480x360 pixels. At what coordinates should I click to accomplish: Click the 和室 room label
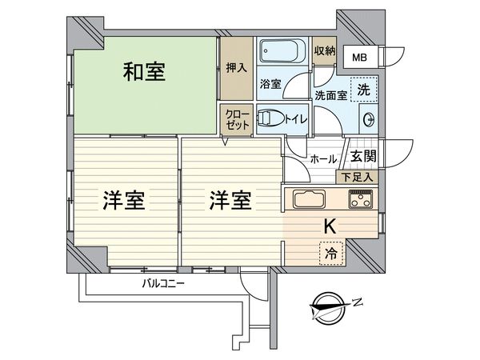click(x=145, y=72)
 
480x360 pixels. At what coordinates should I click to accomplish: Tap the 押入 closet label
click(x=234, y=70)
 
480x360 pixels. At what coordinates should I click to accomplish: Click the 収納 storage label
click(x=324, y=50)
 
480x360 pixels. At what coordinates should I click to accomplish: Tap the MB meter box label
click(x=362, y=58)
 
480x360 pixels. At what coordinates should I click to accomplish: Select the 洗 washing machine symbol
click(x=364, y=90)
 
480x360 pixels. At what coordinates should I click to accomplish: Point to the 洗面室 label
click(x=329, y=96)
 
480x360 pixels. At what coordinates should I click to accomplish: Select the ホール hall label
click(x=323, y=159)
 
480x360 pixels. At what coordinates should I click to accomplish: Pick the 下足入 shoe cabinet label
click(x=357, y=177)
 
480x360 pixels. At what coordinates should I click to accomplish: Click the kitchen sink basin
click(x=307, y=200)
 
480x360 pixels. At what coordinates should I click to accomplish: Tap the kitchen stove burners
click(x=361, y=200)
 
